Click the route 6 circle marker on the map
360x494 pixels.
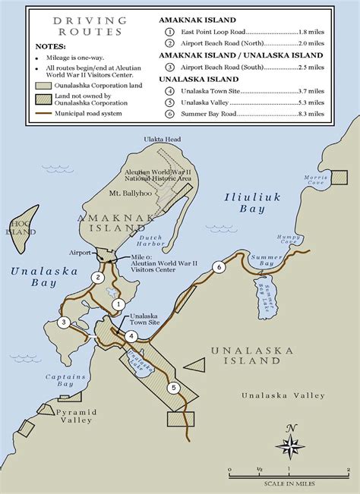(219, 267)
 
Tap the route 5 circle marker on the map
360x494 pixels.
(174, 389)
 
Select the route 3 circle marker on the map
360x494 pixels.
(64, 323)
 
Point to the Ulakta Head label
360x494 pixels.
(163, 139)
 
